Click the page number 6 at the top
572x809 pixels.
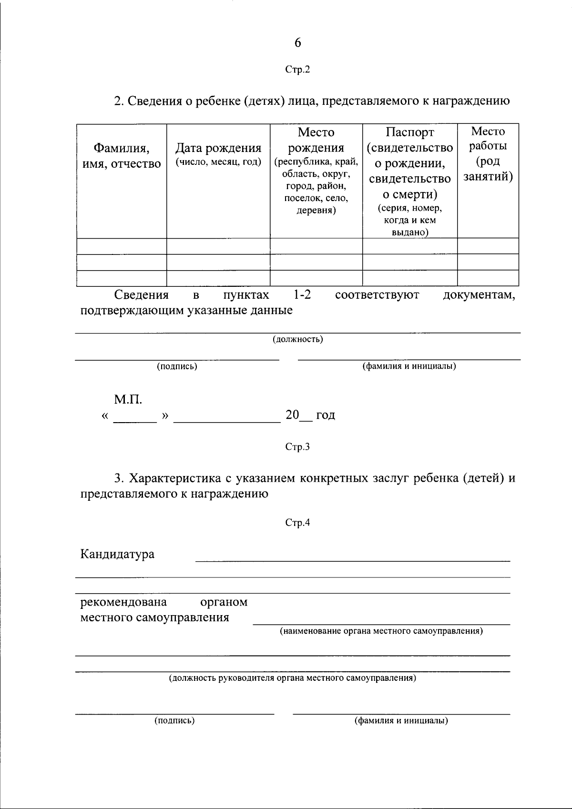coord(297,43)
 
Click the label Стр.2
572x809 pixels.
coord(297,70)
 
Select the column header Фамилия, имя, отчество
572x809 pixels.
coord(121,156)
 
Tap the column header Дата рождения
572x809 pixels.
coord(218,149)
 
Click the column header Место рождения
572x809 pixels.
coord(316,140)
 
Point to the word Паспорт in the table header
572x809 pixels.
coord(410,132)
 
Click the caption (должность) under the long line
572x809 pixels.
coord(297,339)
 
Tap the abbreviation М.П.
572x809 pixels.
coord(128,399)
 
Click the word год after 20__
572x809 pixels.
coord(326,415)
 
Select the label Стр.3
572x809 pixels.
coord(297,447)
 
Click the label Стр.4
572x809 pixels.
coord(297,523)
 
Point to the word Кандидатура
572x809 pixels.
coord(117,554)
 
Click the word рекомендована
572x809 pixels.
coord(123,602)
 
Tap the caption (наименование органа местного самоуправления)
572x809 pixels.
coord(381,631)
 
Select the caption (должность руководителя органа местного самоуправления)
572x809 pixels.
coord(293,678)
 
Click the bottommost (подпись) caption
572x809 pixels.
coord(174,720)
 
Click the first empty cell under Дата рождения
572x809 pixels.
coord(218,246)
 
